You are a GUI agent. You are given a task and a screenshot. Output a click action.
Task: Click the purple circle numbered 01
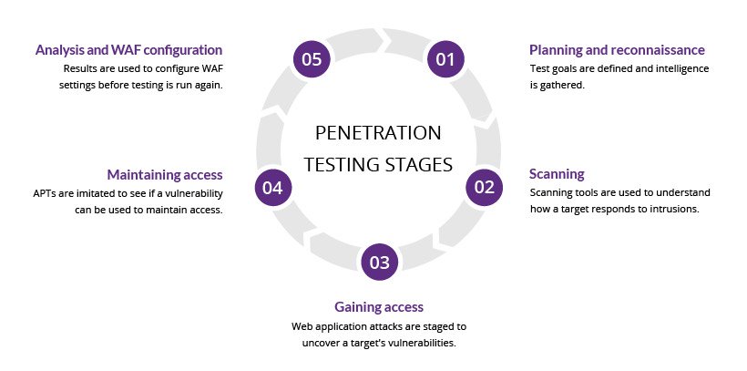[445, 60]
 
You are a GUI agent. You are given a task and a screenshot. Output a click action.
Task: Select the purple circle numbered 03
[378, 263]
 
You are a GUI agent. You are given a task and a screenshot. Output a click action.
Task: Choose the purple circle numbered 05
[312, 60]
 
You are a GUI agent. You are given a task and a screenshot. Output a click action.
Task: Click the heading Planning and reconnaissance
[617, 50]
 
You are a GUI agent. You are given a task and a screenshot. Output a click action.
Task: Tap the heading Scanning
[557, 173]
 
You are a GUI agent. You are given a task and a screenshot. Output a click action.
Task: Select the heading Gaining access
[378, 306]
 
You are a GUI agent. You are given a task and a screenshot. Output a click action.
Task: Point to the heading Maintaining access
[165, 174]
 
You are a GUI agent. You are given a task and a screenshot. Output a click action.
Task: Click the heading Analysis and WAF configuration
[128, 50]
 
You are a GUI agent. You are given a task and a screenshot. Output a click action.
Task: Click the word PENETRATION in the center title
[378, 133]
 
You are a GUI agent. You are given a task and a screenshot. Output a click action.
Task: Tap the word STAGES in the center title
[418, 165]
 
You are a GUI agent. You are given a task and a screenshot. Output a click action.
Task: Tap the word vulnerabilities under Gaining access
[418, 343]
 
